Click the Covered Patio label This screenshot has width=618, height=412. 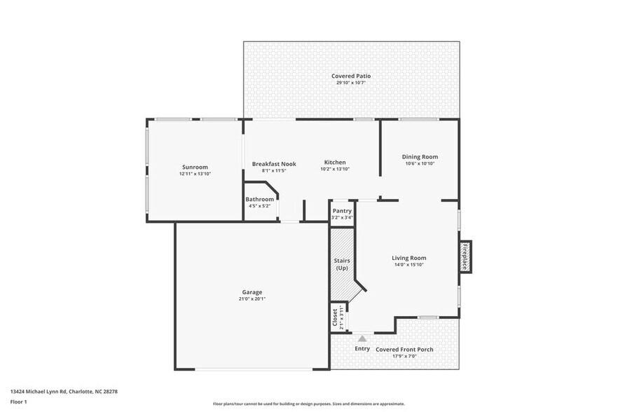point(351,76)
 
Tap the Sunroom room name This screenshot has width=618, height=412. point(195,167)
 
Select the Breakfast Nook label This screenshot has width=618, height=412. point(274,164)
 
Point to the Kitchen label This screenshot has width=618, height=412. point(334,163)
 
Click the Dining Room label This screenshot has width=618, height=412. point(420,156)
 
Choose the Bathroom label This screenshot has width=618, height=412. point(259,199)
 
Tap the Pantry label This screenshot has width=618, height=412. point(342,211)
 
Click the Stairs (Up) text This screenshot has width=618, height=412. point(342,264)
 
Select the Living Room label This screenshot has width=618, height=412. point(408,258)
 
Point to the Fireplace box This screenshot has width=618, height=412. point(465,256)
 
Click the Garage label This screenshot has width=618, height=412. point(252,291)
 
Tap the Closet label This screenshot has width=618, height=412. point(336,316)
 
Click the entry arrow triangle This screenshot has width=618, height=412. point(362,338)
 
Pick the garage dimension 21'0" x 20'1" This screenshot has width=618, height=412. point(252,298)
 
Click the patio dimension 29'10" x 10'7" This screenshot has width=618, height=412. point(351,83)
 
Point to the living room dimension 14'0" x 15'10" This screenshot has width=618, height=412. point(408,265)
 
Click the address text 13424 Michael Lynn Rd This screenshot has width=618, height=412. point(64,392)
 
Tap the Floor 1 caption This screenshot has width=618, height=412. point(18,401)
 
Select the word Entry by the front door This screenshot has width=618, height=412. point(362,348)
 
